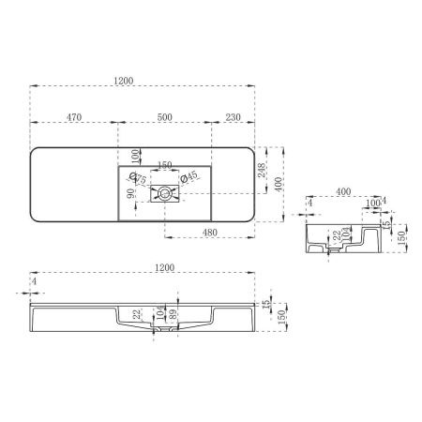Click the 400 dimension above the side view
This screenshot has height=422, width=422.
pos(342,191)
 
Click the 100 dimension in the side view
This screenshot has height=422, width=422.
pos(373,203)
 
